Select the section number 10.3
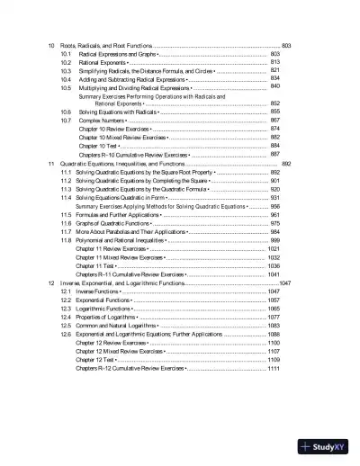coord(66,71)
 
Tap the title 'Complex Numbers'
coord(103,120)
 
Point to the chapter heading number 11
coord(52,165)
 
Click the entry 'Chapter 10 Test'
coord(96,145)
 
